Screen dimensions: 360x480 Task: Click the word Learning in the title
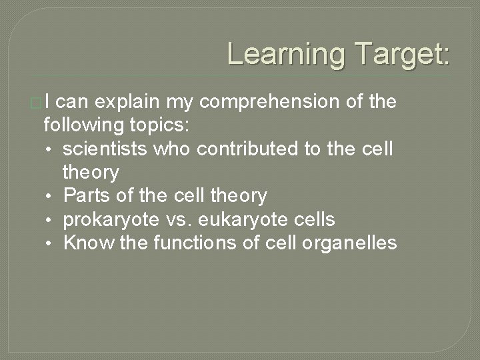click(x=285, y=53)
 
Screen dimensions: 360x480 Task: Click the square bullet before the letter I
click(x=45, y=103)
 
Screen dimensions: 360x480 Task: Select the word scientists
click(x=107, y=149)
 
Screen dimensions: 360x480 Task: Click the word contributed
click(x=229, y=149)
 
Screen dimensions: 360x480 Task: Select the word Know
click(x=88, y=243)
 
